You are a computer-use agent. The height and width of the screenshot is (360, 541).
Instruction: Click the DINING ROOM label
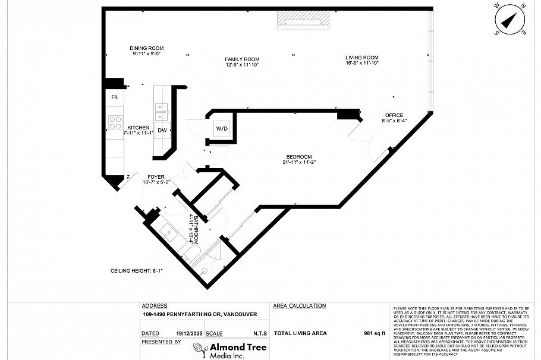(x=147, y=49)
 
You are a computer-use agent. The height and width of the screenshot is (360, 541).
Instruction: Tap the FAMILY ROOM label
(x=242, y=59)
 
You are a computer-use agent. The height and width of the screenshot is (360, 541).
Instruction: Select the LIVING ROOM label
(x=362, y=58)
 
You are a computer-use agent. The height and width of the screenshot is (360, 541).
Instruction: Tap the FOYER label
(x=156, y=177)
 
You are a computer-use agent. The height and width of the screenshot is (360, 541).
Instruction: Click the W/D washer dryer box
(x=221, y=129)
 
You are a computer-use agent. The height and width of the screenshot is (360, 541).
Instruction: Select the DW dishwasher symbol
(x=162, y=130)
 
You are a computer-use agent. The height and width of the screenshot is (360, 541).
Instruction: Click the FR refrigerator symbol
(x=114, y=97)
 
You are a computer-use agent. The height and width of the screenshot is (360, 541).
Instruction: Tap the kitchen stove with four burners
(x=114, y=122)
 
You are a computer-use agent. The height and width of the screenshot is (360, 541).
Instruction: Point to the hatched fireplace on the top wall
(x=303, y=19)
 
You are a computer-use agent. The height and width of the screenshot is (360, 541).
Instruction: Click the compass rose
(x=509, y=20)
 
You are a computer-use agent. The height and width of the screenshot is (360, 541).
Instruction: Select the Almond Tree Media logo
(x=229, y=350)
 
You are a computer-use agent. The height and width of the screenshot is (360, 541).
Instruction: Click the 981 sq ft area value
(x=375, y=333)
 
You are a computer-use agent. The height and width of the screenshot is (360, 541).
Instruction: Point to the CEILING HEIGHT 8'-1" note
(x=137, y=270)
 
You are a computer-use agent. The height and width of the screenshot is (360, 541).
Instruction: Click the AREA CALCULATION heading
(x=299, y=306)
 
